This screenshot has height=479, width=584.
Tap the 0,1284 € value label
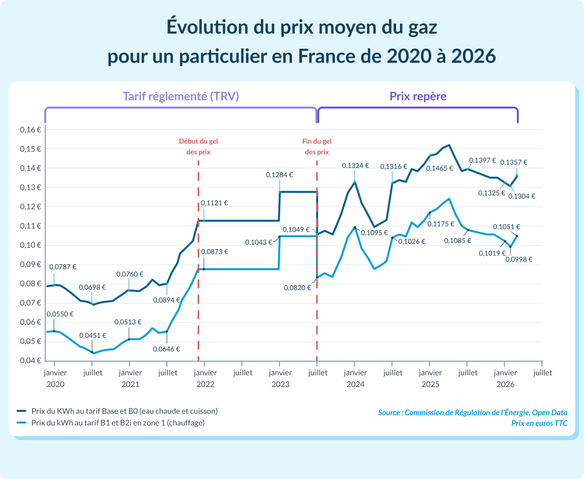(279, 174)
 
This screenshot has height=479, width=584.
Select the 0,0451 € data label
(92, 335)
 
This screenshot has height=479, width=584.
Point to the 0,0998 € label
(519, 259)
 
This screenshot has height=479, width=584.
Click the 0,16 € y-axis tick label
(30, 130)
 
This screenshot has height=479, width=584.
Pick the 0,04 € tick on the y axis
(30, 361)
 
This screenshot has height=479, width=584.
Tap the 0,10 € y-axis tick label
(30, 245)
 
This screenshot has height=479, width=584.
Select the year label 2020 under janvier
(55, 384)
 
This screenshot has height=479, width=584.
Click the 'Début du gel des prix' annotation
(199, 147)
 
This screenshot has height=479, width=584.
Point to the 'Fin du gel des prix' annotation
(317, 147)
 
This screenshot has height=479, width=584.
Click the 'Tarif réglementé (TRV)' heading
(181, 96)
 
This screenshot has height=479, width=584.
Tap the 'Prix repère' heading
(418, 96)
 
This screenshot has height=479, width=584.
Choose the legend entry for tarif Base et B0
(124, 411)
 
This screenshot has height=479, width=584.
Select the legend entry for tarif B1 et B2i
(118, 423)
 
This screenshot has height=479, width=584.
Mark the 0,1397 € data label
(482, 160)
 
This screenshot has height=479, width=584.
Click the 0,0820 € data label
(297, 288)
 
